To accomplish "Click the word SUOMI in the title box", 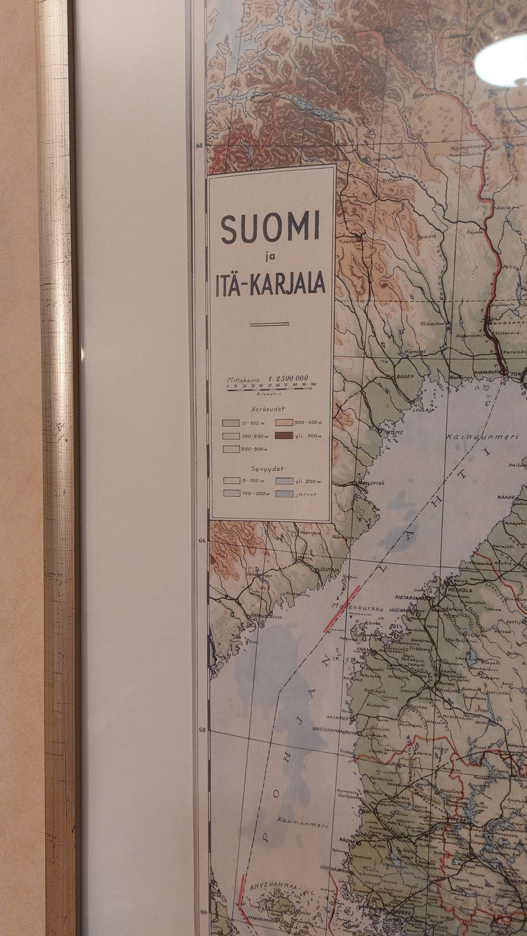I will [270, 229].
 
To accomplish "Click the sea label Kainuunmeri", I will [475, 438].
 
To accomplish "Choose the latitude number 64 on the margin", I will [201, 540].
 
